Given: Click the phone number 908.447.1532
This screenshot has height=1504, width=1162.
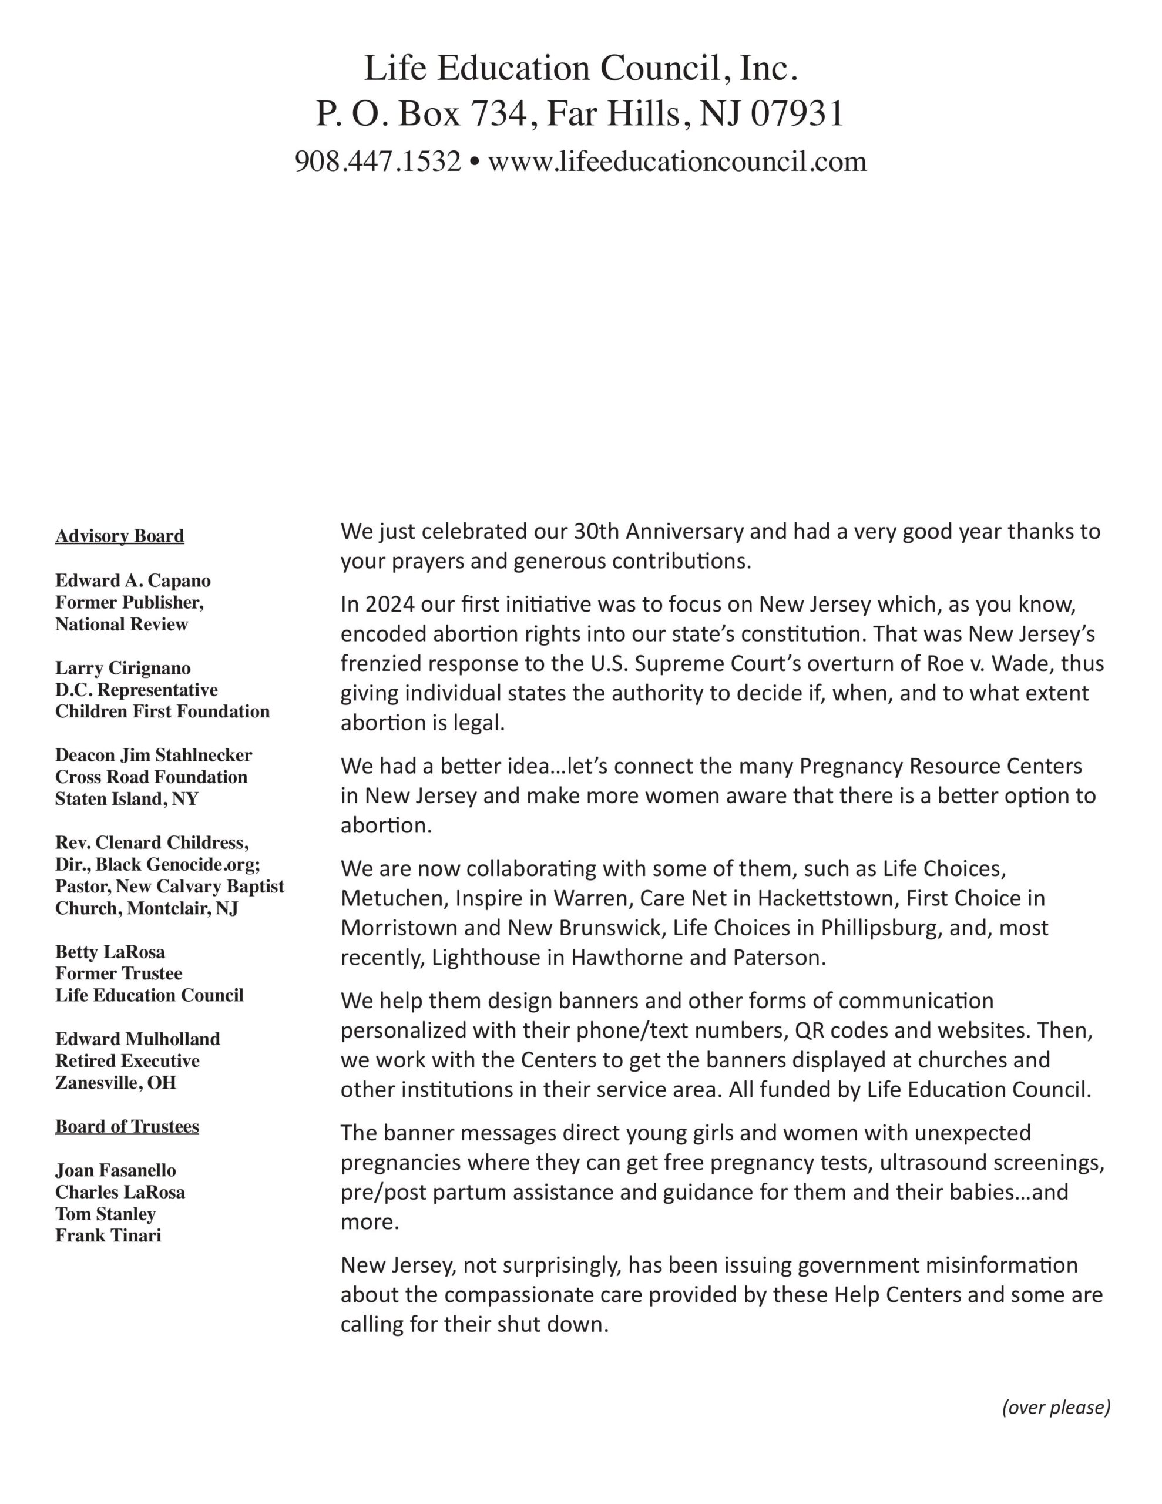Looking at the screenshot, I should click(x=378, y=162).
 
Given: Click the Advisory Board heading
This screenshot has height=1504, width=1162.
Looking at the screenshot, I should click(x=120, y=536).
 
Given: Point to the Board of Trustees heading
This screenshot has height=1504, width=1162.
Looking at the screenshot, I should click(x=127, y=1127).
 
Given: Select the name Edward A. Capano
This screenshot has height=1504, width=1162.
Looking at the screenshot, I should click(x=133, y=580).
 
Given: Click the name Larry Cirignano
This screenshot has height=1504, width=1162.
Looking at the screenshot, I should click(x=123, y=668).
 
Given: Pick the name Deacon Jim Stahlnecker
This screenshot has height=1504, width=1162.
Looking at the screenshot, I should click(x=153, y=756).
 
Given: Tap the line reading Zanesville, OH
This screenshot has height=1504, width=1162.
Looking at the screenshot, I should click(x=116, y=1083).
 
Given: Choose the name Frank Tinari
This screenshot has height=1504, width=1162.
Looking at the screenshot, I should click(x=108, y=1236).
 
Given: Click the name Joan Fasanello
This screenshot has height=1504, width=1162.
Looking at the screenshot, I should click(x=116, y=1171).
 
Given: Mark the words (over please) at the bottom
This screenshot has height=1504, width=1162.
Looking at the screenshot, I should click(x=1056, y=1407).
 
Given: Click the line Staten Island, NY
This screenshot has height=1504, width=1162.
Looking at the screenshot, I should click(x=127, y=799).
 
